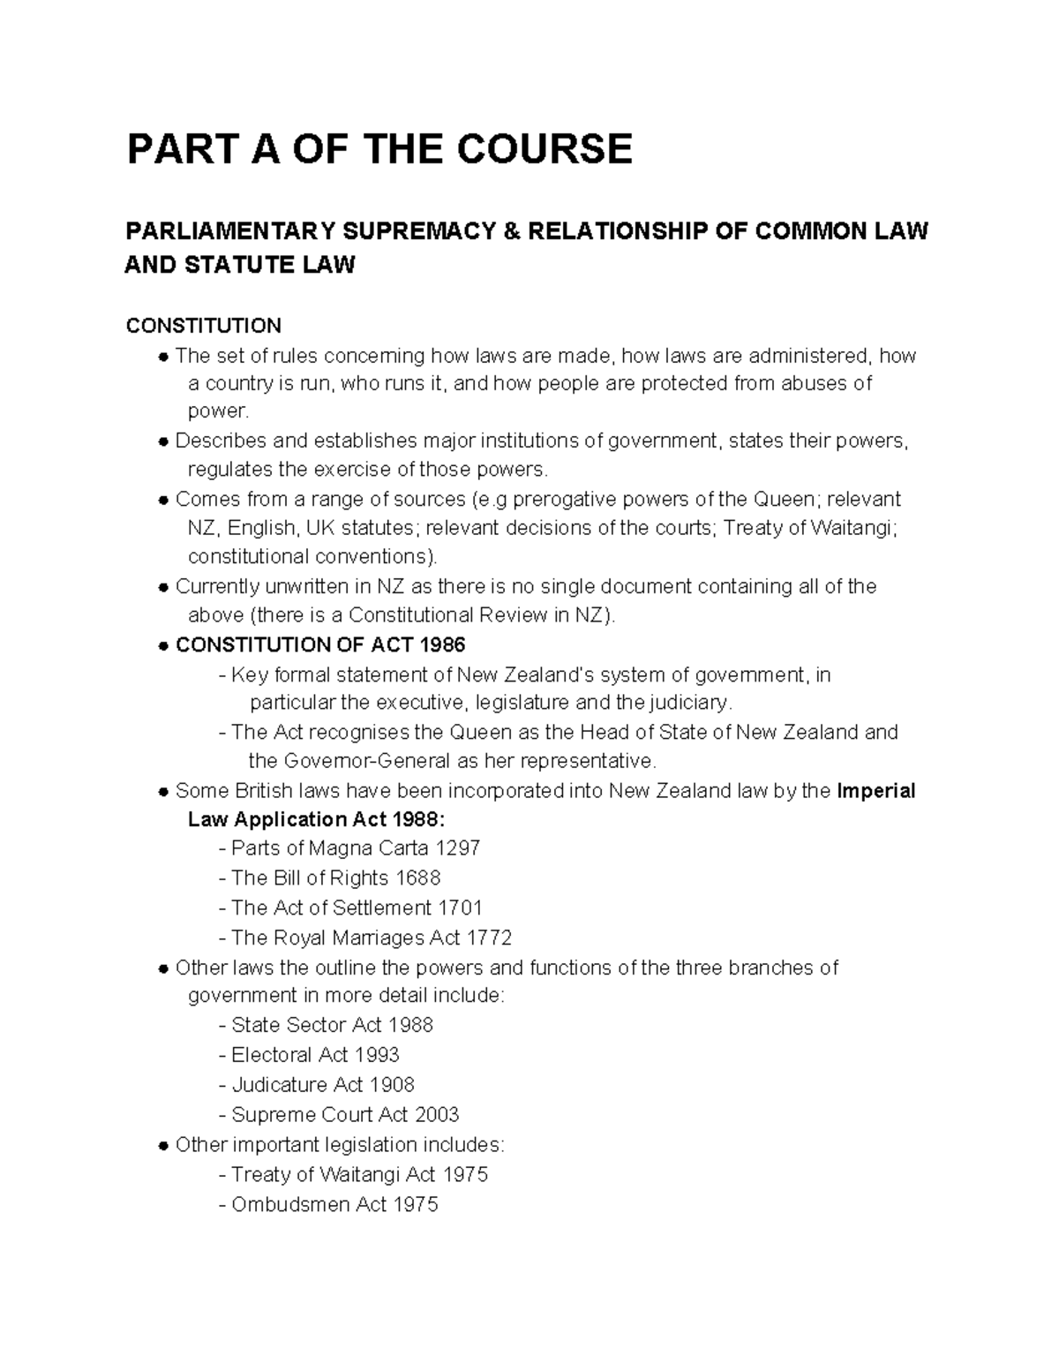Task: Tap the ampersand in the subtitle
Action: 509,232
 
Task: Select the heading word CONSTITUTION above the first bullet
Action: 203,326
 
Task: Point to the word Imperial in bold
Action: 875,790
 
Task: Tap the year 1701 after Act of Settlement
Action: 460,908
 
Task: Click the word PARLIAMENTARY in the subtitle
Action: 230,232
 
